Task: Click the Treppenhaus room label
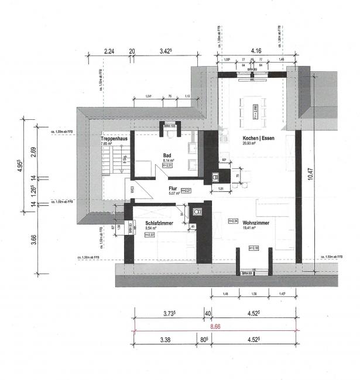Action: click(x=114, y=139)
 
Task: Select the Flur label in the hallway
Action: click(x=173, y=189)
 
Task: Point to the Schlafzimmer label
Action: click(x=158, y=223)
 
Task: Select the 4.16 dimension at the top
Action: click(x=257, y=51)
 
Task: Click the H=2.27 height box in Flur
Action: click(x=187, y=191)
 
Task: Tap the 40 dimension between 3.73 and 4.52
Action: click(x=207, y=313)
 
